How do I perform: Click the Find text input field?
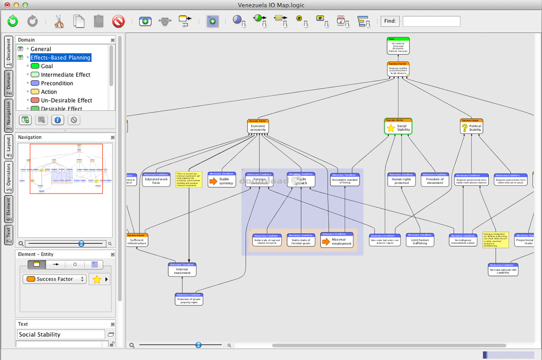click(431, 21)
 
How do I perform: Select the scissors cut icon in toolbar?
click(59, 21)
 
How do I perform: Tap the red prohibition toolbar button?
click(118, 21)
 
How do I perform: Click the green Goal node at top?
click(398, 46)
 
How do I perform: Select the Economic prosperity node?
click(258, 126)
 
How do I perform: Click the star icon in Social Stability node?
click(391, 128)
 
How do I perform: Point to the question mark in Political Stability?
click(464, 128)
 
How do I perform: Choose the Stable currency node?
click(222, 180)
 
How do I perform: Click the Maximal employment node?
click(337, 240)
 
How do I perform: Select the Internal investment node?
click(182, 270)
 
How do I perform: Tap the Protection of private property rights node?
click(189, 299)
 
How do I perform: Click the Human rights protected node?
click(401, 180)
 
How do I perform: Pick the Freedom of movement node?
click(435, 180)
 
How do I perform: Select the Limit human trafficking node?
click(420, 240)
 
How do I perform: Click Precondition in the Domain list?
click(57, 83)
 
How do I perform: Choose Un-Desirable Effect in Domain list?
click(66, 100)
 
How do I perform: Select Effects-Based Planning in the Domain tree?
click(61, 58)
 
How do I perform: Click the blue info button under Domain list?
click(57, 120)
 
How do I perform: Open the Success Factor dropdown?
click(55, 279)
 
